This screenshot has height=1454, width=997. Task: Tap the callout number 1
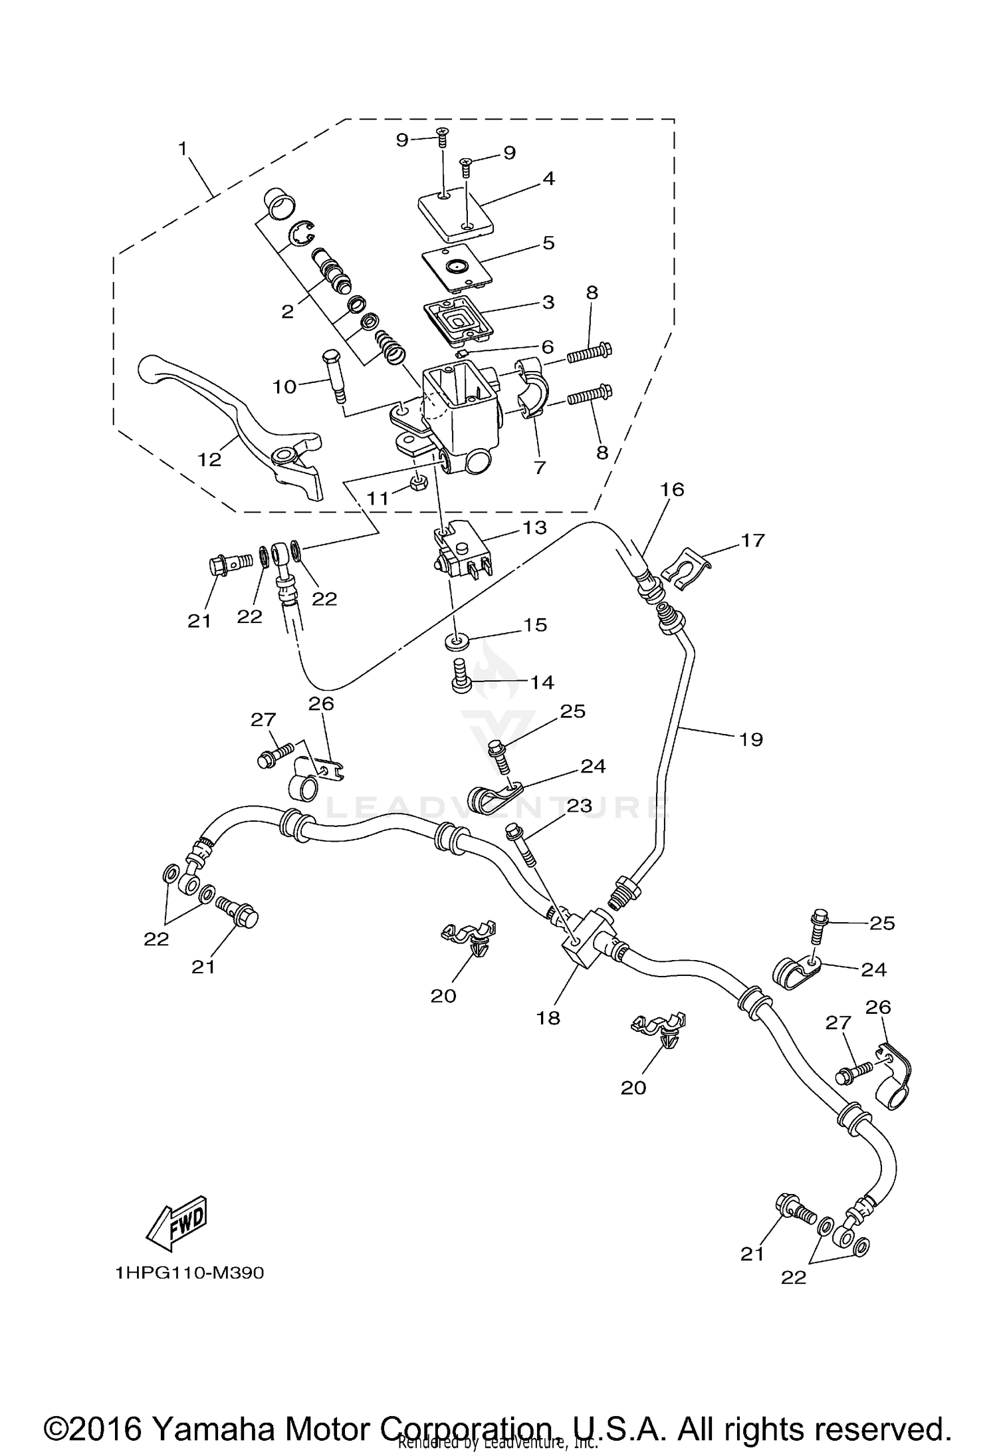183,149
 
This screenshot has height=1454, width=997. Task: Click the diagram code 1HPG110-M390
189,1272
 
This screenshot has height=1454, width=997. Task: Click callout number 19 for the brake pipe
752,739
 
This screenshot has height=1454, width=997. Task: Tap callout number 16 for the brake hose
672,489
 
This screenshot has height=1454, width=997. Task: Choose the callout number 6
547,346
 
